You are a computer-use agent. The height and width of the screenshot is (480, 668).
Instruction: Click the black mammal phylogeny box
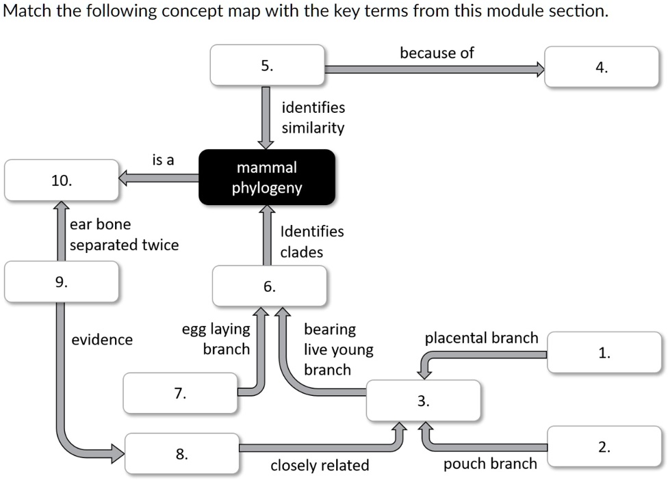[267, 177]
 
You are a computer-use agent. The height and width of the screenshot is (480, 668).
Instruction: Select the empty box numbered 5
[267, 66]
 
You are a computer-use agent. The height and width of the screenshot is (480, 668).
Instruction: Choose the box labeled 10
[62, 181]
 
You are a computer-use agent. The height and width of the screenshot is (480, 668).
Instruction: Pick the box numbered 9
[62, 281]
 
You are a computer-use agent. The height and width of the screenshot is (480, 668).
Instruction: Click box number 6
[270, 286]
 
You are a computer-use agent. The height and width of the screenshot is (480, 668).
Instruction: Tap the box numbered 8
[182, 453]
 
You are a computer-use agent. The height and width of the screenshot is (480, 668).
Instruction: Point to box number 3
[424, 401]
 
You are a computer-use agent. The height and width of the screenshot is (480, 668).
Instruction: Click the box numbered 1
[604, 353]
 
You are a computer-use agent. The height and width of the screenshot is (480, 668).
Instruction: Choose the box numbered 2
[604, 447]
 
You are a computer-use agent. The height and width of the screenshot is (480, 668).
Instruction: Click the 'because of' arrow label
[437, 53]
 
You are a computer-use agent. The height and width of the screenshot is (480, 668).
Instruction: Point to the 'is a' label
[163, 160]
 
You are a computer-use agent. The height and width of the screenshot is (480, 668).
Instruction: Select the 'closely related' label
[320, 466]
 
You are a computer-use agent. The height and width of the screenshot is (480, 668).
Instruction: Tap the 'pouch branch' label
[490, 464]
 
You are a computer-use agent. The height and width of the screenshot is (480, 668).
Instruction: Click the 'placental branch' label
[481, 338]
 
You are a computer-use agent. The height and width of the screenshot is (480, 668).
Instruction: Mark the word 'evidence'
[102, 340]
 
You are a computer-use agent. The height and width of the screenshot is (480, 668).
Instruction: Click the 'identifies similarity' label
[313, 118]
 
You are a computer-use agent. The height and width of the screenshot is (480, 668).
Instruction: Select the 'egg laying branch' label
[216, 339]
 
